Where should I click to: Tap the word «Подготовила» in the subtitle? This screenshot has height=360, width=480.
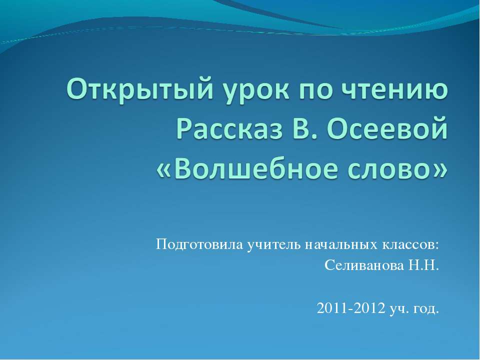199,245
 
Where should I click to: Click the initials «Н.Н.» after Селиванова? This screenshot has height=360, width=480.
423,265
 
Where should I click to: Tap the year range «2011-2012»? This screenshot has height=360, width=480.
351,308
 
